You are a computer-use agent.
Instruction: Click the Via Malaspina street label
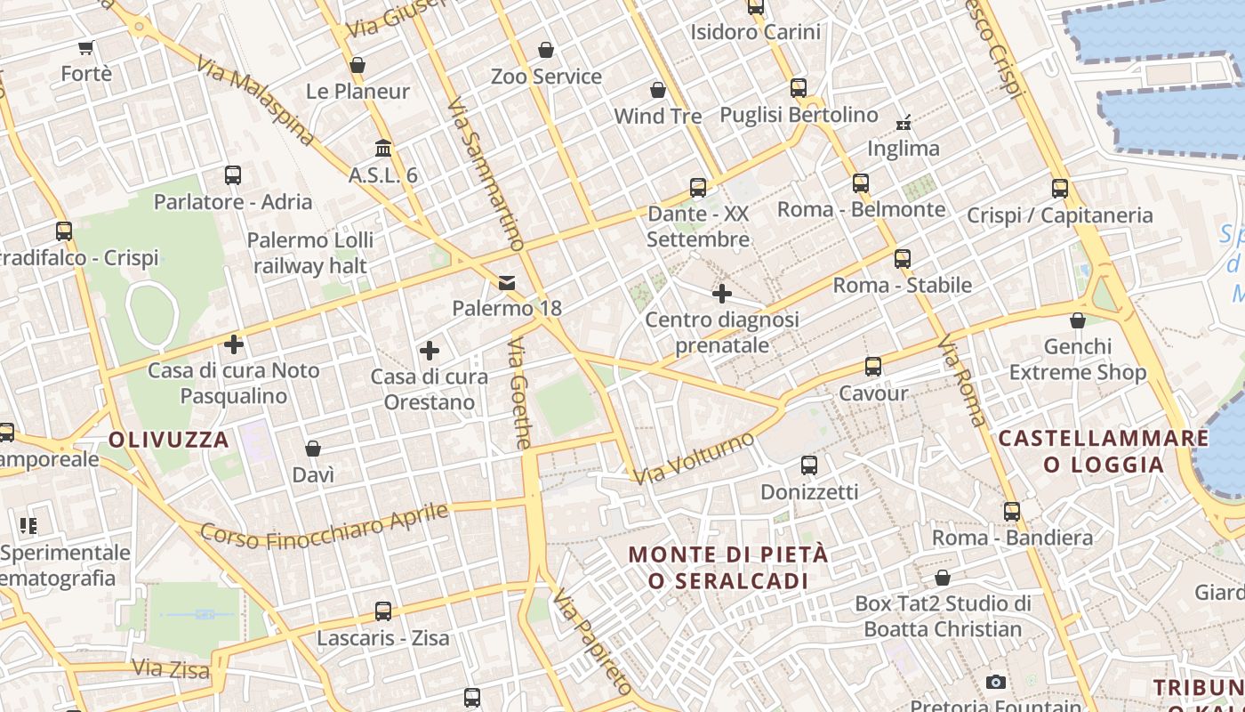coord(256,101)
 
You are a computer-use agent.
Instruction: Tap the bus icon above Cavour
coord(873,367)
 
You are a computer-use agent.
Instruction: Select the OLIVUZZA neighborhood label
coord(169,440)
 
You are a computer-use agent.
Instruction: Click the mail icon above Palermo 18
coord(507,283)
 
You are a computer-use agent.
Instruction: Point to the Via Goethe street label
coord(521,392)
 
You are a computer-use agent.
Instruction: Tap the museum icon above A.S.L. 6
coord(383,148)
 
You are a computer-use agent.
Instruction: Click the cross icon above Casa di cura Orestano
coord(430,351)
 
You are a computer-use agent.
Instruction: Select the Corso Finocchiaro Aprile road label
coord(324,526)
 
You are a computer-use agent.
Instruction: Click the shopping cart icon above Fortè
coord(86,48)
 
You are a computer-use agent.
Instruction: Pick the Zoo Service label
coord(546,77)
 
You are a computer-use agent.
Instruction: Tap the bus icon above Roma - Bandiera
coord(1012,512)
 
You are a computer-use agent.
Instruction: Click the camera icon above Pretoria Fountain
coord(996,683)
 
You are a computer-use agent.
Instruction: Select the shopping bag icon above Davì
coord(313,449)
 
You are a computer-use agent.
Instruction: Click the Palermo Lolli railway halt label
coord(310,253)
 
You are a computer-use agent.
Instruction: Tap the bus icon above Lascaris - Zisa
coord(383,611)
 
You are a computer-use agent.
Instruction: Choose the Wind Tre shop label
coord(658,116)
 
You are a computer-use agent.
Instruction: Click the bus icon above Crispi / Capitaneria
coord(1059,189)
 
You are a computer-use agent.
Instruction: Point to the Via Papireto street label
coord(592,641)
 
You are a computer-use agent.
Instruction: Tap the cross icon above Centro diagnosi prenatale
coord(722,293)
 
